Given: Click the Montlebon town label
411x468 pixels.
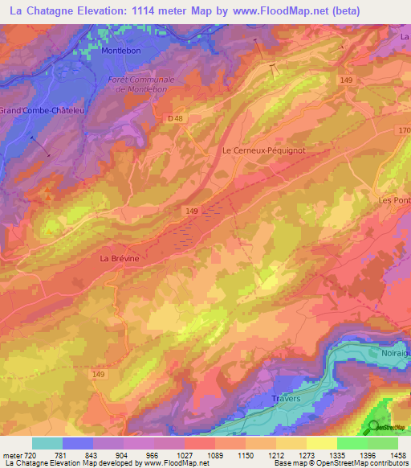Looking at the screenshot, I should pos(120,50).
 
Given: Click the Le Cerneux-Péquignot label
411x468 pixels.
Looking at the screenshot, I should pos(264,150).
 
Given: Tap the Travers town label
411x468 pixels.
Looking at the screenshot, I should pos(285,399).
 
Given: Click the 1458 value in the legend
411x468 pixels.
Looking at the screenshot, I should pos(398,454).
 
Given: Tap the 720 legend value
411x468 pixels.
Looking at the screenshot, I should pos(31,454).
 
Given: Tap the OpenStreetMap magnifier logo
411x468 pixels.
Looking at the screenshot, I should pos(376,427).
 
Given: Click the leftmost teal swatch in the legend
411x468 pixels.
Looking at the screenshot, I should pos(47,443).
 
